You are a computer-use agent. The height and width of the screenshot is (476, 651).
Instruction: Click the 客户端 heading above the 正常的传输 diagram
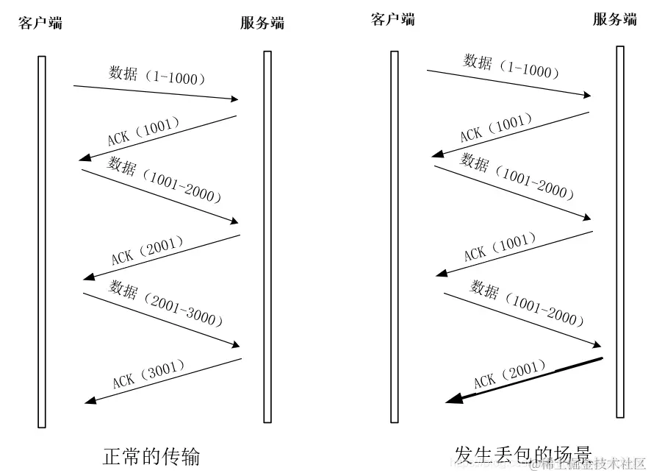coord(40,22)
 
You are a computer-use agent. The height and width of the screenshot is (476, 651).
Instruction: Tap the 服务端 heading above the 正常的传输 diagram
coord(262,22)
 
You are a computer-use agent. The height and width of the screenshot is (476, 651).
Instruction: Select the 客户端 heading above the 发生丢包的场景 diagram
coord(393,19)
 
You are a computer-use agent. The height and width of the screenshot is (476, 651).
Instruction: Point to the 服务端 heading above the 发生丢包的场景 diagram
coord(615,19)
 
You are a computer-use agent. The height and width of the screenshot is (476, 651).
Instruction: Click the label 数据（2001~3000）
coord(166,303)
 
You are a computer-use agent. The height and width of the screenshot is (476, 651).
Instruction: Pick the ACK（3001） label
coord(148,374)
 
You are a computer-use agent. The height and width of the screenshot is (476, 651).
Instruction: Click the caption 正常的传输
coord(151,457)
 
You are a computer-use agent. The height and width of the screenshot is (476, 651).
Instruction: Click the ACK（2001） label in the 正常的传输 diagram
coord(147,249)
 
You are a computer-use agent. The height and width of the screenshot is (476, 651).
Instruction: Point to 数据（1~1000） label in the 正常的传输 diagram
coord(157,75)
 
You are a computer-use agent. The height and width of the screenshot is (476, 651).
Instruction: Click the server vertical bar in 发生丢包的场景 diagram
coord(620,232)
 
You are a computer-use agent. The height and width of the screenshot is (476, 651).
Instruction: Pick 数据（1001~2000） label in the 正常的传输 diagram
coord(165,180)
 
